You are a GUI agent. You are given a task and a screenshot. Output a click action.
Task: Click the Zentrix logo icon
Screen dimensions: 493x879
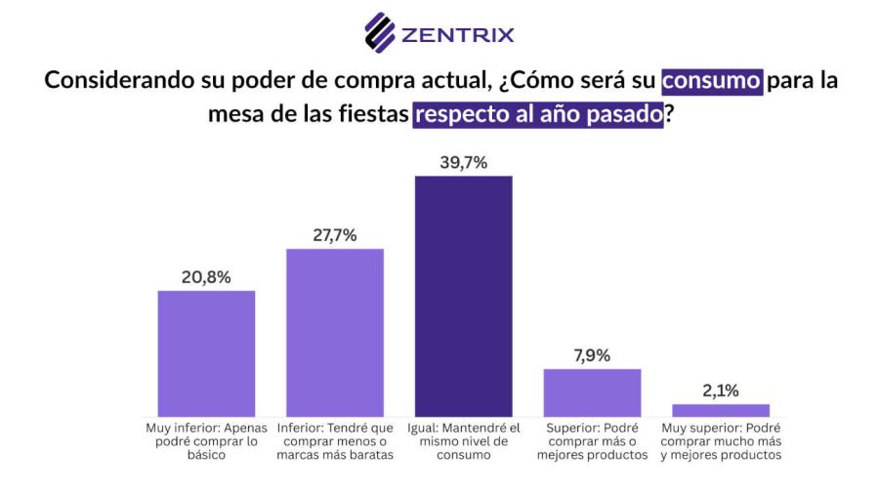[x=380, y=32]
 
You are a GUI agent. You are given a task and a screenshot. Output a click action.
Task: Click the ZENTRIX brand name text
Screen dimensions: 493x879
[x=457, y=36]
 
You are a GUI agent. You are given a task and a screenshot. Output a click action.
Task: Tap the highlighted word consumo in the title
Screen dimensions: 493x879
[x=712, y=80]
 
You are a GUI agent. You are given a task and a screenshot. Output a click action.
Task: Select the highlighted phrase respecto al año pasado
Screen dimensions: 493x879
[x=538, y=113]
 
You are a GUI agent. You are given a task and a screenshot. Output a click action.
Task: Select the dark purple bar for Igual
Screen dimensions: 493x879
[x=463, y=297]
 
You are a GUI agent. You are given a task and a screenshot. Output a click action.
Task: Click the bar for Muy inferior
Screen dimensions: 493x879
[x=206, y=353]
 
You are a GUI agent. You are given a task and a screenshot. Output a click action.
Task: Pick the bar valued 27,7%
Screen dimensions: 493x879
[x=335, y=333]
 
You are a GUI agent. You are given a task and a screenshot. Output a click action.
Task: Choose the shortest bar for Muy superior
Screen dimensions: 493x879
[x=721, y=410]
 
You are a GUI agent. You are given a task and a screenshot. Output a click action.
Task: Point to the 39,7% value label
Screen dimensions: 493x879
[x=463, y=162]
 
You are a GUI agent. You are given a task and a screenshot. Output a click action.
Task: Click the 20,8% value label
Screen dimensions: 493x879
[x=206, y=277]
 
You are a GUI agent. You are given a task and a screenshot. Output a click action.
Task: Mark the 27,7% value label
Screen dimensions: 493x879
[x=335, y=235]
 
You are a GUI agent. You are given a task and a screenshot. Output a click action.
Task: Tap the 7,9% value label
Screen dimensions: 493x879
[x=592, y=355]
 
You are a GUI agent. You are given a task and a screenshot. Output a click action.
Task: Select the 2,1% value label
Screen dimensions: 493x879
[x=721, y=390]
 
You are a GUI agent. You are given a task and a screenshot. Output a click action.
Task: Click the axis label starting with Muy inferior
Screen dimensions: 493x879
[x=206, y=441]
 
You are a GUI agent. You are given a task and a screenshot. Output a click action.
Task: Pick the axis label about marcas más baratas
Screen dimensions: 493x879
[x=335, y=441]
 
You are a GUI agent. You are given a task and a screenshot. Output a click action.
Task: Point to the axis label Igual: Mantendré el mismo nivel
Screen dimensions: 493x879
[x=463, y=441]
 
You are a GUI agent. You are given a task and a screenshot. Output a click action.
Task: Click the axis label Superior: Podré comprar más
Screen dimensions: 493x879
[x=592, y=441]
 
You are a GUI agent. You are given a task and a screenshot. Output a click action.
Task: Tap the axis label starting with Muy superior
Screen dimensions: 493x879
[x=721, y=441]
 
